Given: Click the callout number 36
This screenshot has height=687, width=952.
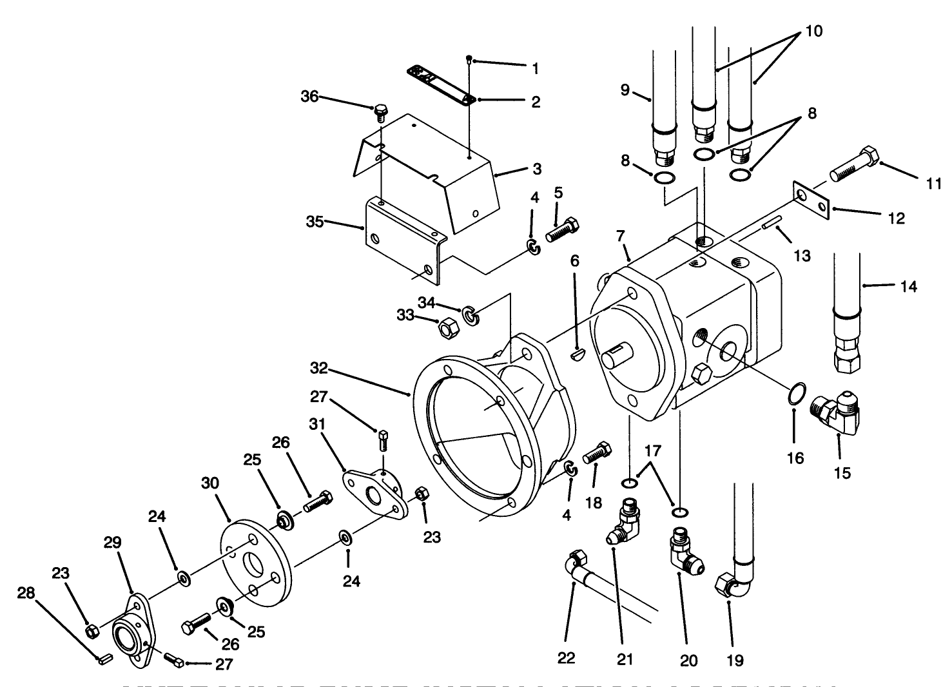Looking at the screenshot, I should click(310, 97).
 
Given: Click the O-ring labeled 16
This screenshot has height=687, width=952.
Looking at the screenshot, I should click(797, 393).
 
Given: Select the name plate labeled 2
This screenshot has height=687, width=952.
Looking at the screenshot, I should click(442, 83).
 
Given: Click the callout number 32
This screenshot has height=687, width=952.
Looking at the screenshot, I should click(318, 369).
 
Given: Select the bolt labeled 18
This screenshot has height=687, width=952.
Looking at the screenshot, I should click(597, 454).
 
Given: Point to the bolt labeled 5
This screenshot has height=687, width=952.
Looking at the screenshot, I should click(563, 230).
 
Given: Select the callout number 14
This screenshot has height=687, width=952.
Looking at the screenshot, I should click(908, 285).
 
